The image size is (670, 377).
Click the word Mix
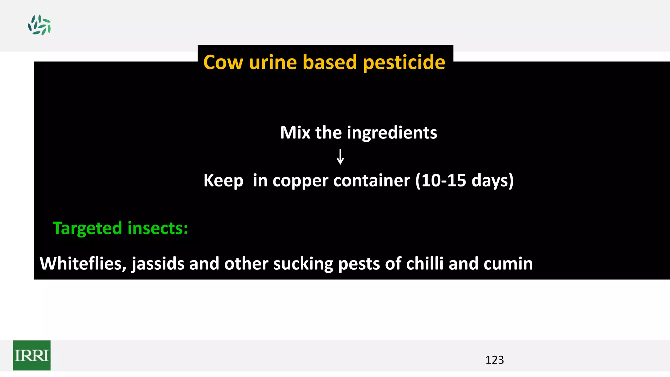tap(295, 133)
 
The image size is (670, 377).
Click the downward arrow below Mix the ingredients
tap(340, 157)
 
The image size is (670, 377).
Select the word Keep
tap(223, 181)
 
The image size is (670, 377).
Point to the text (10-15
tap(441, 181)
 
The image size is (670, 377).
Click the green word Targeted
tap(87, 228)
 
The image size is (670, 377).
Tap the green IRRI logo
tap(32, 355)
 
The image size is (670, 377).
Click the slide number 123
tap(494, 360)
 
